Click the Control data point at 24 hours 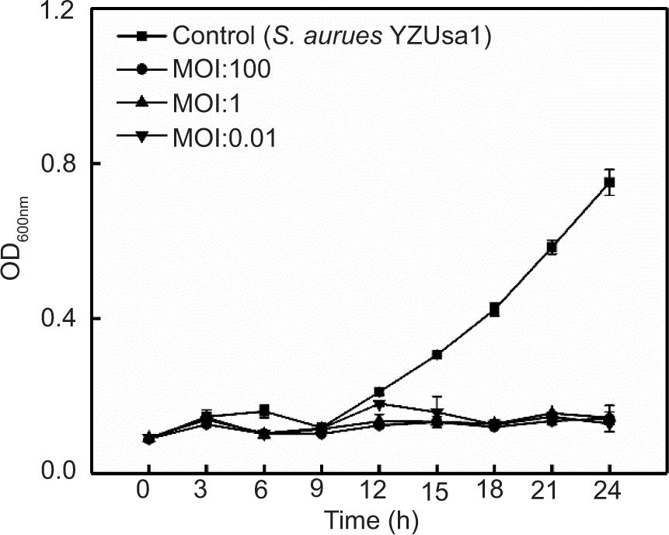click(610, 183)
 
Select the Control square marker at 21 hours click(552, 247)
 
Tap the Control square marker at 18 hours click(494, 309)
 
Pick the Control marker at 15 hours click(437, 355)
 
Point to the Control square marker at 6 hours click(264, 411)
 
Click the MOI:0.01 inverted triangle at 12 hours click(379, 404)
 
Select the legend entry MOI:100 click(221, 69)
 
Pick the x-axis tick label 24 click(609, 492)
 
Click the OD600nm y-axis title click(20, 241)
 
